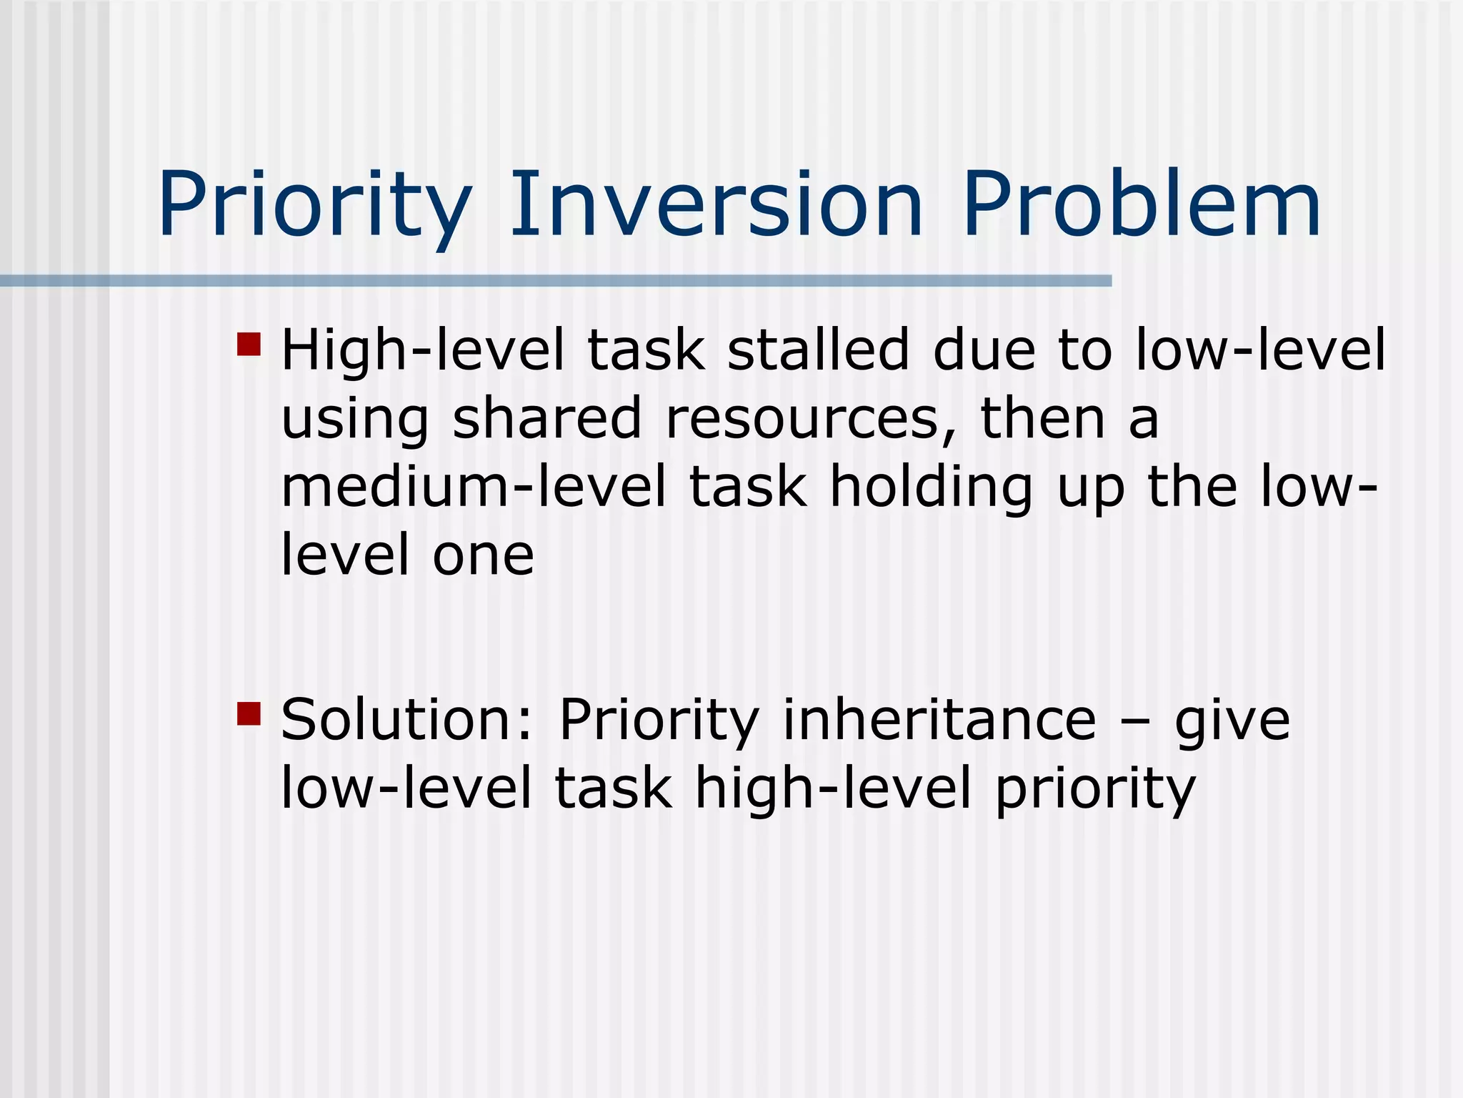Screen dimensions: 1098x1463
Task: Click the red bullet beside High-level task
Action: coord(249,344)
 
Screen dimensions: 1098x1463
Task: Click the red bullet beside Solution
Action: coord(249,713)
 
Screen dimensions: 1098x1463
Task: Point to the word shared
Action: coord(547,419)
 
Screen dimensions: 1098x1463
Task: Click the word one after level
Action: coord(483,556)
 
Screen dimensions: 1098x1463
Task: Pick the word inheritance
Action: coord(939,721)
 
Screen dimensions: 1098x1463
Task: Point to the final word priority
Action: coord(1095,791)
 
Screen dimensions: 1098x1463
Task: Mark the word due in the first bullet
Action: coord(984,350)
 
